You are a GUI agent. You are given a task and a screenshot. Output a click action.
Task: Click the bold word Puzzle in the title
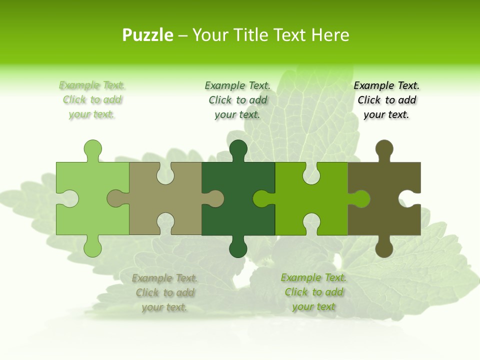coord(147,35)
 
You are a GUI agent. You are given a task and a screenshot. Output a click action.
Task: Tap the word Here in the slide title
coord(329,35)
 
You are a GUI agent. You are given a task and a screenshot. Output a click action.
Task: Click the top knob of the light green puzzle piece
coord(92,149)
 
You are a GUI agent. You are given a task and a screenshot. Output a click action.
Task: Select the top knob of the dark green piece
coord(238,149)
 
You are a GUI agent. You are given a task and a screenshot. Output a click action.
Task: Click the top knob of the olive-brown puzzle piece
coord(384,149)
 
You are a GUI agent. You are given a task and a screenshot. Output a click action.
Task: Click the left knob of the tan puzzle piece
coord(116,198)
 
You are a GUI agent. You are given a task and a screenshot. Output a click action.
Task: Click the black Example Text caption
coord(386,100)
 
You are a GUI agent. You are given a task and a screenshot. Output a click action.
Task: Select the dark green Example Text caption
coord(237,100)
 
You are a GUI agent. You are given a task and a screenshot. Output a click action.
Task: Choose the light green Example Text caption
coord(92,100)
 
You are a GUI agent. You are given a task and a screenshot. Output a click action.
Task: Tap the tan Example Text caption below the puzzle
coord(164,292)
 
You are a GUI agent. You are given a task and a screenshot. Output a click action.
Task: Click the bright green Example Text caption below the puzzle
coord(313,292)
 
